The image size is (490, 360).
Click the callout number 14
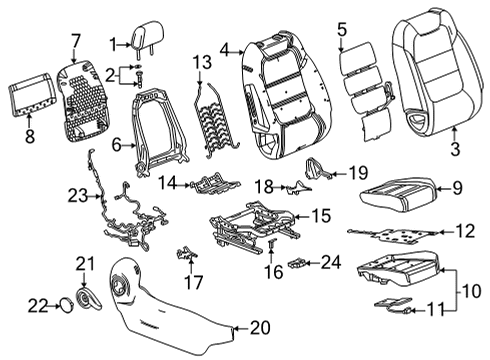pyautogui.click(x=170, y=183)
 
